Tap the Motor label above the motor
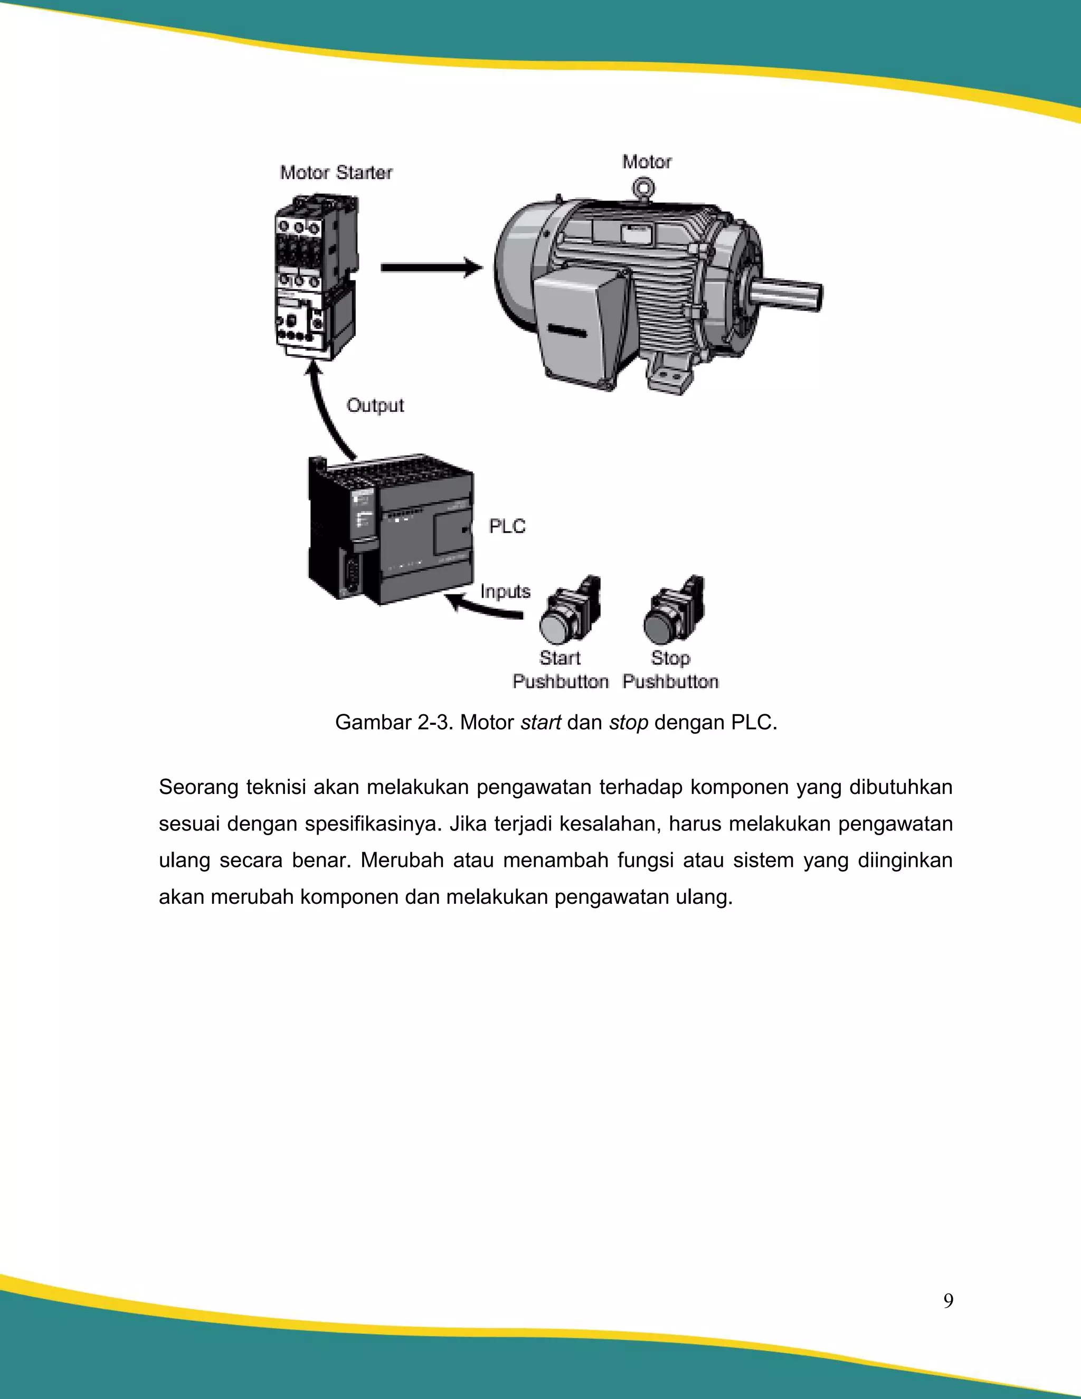coord(647,162)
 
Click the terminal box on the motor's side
coord(576,324)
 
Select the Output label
coord(375,405)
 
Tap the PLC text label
coord(507,526)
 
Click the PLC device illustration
coord(391,532)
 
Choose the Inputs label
coord(505,591)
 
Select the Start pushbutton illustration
coord(568,612)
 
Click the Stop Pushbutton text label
coord(670,670)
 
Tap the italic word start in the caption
coord(540,723)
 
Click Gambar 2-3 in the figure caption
coord(394,723)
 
